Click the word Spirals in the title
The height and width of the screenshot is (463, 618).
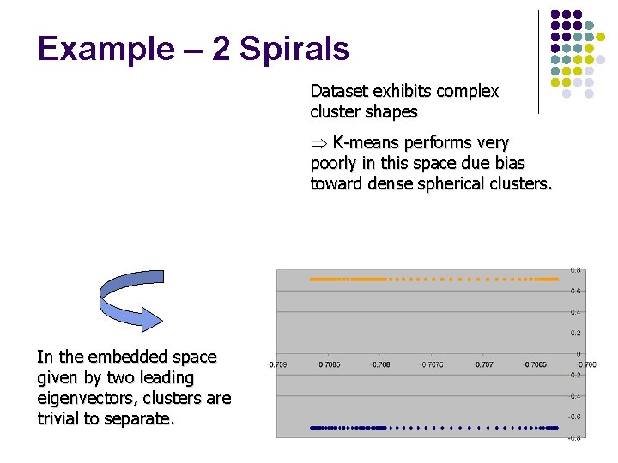pyautogui.click(x=294, y=49)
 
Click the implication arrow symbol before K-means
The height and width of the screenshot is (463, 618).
pyautogui.click(x=319, y=142)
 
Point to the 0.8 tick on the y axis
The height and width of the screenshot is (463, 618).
pyautogui.click(x=576, y=270)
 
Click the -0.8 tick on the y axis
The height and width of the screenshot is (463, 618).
pyautogui.click(x=575, y=437)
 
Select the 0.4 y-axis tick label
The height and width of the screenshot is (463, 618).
pyautogui.click(x=576, y=312)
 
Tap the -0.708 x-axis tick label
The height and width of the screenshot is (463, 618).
pyautogui.click(x=379, y=364)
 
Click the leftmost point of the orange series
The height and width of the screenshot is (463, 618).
pyautogui.click(x=312, y=280)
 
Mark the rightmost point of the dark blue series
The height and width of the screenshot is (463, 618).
pyautogui.click(x=557, y=427)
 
